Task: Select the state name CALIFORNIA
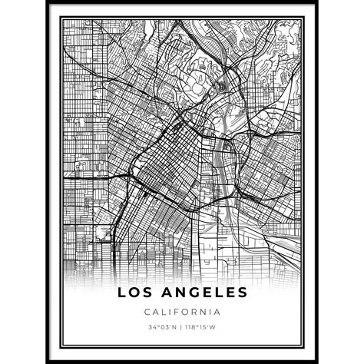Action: click(x=182, y=312)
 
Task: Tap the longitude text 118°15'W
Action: click(x=201, y=327)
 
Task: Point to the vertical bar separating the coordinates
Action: click(x=181, y=327)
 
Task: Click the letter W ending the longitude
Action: click(x=214, y=327)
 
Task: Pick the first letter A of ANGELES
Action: click(x=163, y=292)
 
